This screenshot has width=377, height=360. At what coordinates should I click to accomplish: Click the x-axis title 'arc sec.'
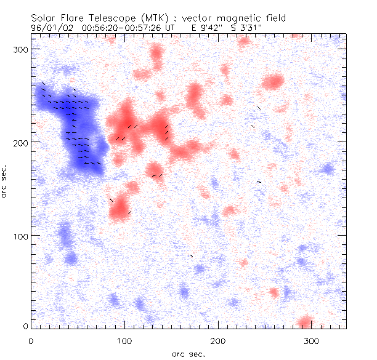[188, 353]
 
